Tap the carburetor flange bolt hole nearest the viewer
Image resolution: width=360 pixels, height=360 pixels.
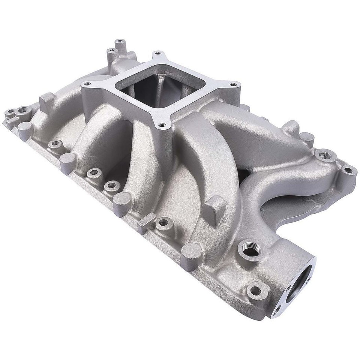pyautogui.click(x=162, y=125)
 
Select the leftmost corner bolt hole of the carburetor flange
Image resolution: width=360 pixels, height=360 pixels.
pyautogui.click(x=87, y=84)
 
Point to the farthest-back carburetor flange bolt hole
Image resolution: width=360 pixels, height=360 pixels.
pyautogui.click(x=158, y=53)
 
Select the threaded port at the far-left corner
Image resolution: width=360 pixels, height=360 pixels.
pyautogui.click(x=24, y=109)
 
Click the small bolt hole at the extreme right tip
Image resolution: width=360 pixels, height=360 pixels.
pyautogui.click(x=348, y=170)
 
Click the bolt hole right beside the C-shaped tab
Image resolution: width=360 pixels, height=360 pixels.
pyautogui.click(x=163, y=223)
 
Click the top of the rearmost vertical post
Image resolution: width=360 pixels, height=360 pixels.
pyautogui.click(x=119, y=40)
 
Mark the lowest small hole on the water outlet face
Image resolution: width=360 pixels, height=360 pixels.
pyautogui.click(x=277, y=310)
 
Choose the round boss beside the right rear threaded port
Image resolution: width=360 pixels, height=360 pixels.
pyautogui.click(x=307, y=137)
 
